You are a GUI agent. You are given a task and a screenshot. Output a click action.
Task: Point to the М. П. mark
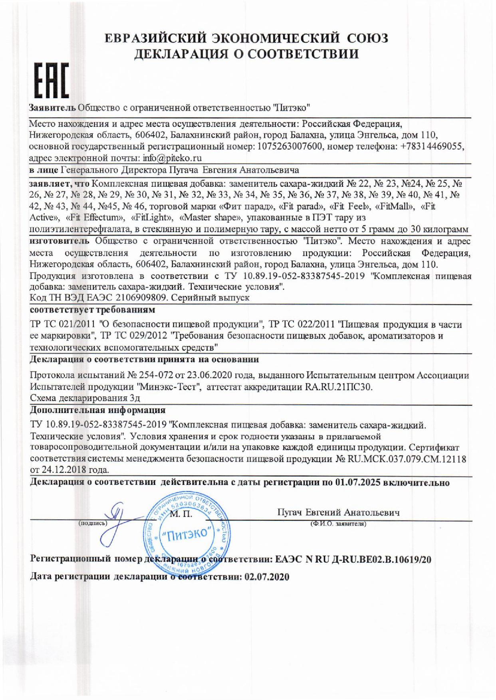pyautogui.click(x=181, y=514)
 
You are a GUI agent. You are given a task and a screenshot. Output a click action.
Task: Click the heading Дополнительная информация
pyautogui.click(x=98, y=410)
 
